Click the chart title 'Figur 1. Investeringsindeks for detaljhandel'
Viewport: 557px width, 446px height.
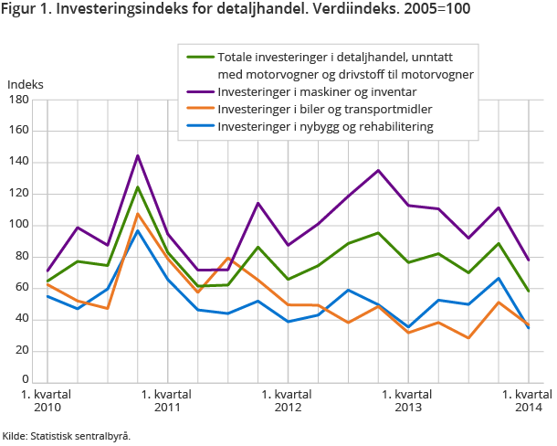229,12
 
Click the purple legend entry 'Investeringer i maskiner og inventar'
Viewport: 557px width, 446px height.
312,91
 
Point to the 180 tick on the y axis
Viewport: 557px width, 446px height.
18,100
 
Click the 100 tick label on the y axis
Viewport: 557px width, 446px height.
18,225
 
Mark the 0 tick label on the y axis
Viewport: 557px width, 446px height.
25,381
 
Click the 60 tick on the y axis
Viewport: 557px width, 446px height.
21,288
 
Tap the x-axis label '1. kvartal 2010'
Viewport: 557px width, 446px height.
47,399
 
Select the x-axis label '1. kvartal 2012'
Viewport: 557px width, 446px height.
288,399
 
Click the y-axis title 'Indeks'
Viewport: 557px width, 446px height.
25,84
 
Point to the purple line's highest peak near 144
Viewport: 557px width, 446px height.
137,155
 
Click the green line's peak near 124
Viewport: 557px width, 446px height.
137,187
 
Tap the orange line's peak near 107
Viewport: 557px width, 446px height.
137,214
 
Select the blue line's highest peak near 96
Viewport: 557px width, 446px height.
137,230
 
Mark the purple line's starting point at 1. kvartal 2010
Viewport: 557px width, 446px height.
47,271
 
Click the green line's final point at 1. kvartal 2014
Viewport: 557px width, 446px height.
529,291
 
